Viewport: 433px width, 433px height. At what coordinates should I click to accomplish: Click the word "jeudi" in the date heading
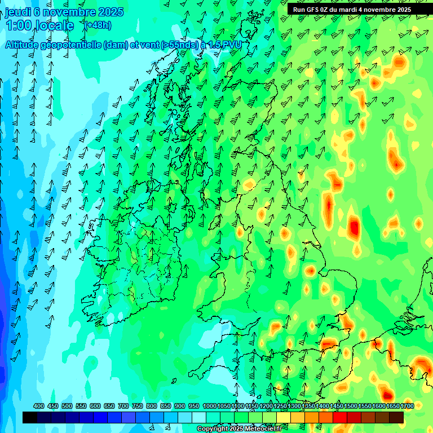point(18,12)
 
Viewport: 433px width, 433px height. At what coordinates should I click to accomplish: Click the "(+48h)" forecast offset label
point(98,25)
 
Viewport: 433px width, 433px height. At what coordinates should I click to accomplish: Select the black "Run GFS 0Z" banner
point(352,10)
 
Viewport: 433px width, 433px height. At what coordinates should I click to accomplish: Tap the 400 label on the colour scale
point(39,406)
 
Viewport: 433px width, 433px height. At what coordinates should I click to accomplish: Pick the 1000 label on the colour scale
point(209,406)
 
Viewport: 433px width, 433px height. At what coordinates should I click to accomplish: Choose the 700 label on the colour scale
point(123,406)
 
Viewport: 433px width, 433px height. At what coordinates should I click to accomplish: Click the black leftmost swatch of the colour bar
point(30,417)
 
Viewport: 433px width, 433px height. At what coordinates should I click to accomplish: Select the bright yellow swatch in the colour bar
point(284,417)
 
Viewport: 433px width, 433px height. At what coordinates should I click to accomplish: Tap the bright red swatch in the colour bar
point(340,417)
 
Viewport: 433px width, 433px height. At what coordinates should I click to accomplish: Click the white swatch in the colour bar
point(199,417)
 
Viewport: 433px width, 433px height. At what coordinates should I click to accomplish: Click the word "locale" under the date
point(56,25)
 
